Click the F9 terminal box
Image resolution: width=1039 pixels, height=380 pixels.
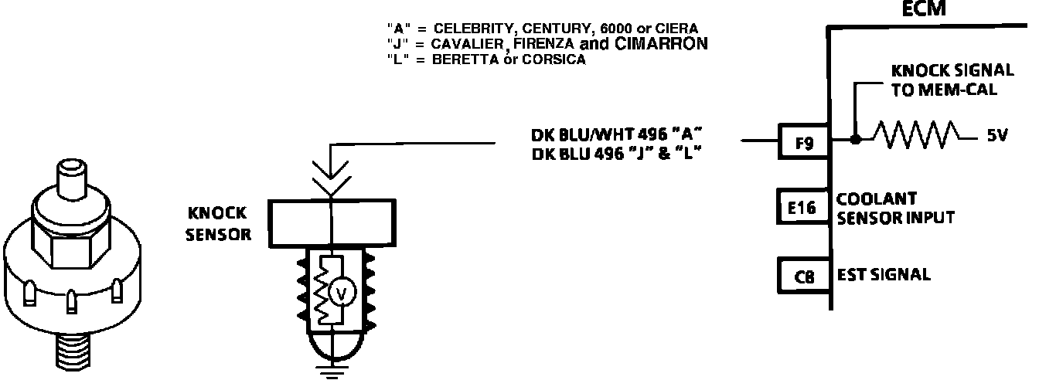click(803, 142)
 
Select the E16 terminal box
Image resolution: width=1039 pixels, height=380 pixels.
click(803, 208)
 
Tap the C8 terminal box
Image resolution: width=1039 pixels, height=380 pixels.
click(803, 275)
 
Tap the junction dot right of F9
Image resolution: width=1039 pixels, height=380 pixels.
click(855, 141)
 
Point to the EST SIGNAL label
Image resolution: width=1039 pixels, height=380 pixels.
click(884, 275)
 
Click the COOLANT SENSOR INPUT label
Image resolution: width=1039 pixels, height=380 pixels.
click(895, 208)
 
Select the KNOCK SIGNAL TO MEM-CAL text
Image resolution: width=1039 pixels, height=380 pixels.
click(952, 79)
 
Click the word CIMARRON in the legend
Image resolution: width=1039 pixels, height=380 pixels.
click(662, 44)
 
